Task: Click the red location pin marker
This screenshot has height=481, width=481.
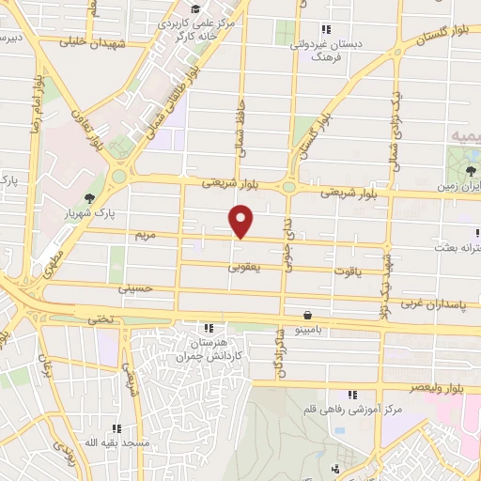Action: point(242,222)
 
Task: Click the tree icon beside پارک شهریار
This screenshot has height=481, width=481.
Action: point(89,198)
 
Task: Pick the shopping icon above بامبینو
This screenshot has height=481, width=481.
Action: point(308,316)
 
